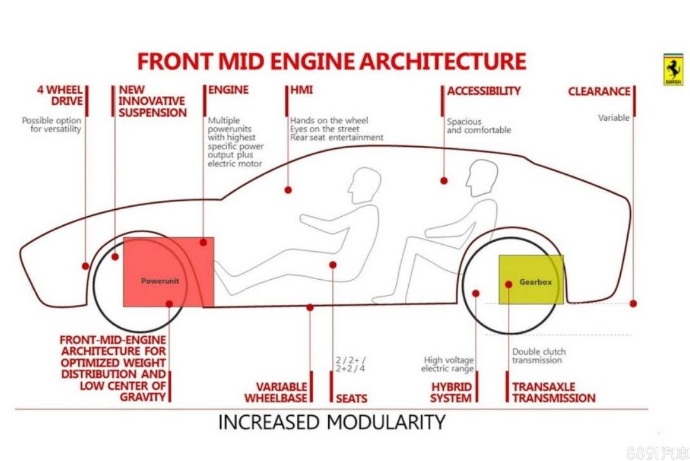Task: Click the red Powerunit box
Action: (168, 272)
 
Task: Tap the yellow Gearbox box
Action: (531, 280)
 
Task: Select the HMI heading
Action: (302, 90)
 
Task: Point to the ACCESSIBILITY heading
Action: (484, 91)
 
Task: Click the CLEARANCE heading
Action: (599, 92)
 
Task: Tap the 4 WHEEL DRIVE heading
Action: (60, 95)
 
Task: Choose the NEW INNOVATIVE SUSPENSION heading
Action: (152, 101)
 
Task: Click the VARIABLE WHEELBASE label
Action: (281, 392)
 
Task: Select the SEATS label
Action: (352, 399)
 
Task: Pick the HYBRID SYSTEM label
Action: (451, 392)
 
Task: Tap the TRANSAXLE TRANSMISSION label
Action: (554, 392)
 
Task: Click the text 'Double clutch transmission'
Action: (538, 356)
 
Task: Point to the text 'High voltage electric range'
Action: (448, 364)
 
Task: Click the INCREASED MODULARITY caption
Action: (331, 422)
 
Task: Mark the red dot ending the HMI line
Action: (288, 189)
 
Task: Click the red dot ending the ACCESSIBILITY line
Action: (444, 181)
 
